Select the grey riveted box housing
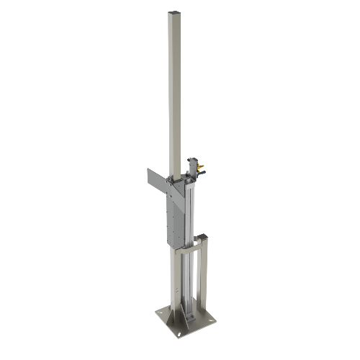tap(172, 216)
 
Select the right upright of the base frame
tap(203, 281)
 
